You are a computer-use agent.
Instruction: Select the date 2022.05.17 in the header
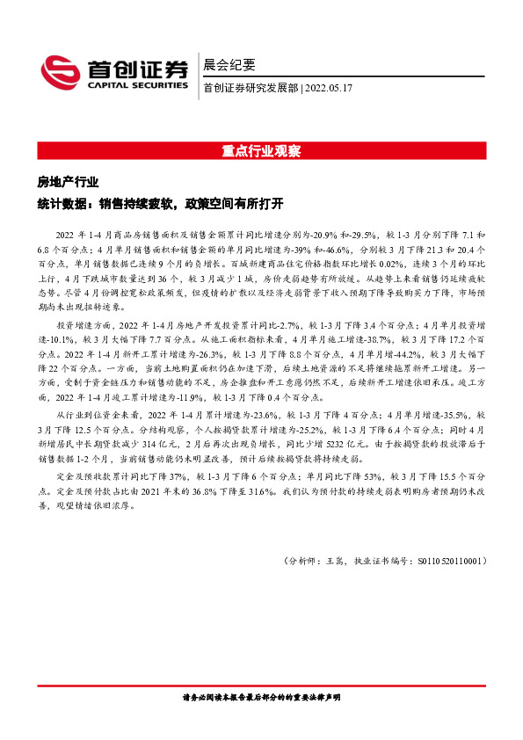330,88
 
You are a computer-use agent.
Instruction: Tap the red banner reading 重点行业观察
261,150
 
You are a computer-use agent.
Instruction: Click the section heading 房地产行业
67,182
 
